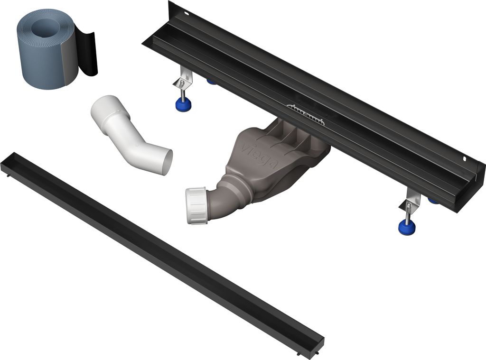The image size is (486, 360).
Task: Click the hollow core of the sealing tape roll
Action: [x=45, y=28]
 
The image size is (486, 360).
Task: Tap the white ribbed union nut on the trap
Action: [x=196, y=205]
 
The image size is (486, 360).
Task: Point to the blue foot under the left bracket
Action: [x=183, y=104]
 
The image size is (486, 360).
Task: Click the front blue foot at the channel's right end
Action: [x=407, y=227]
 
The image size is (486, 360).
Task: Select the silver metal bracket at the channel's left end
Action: [x=183, y=79]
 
